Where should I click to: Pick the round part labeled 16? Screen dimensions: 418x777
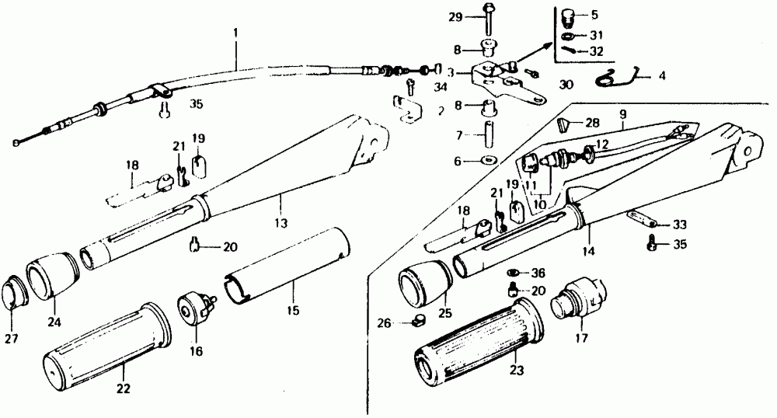[195, 307]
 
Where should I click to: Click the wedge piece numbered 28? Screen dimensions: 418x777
[570, 123]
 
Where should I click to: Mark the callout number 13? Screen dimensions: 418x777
[280, 224]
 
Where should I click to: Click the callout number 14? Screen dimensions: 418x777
[588, 251]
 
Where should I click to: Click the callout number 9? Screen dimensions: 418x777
[622, 113]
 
